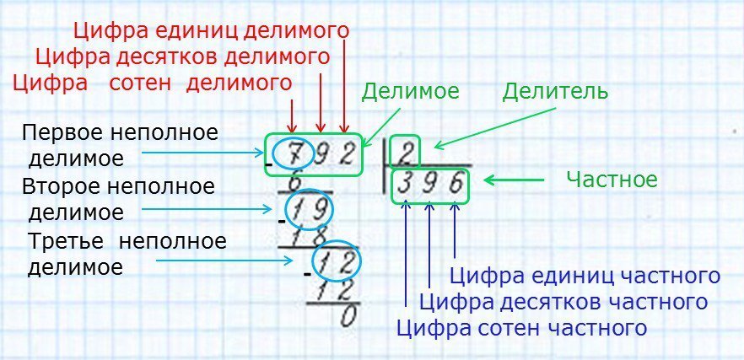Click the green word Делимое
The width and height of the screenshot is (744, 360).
[410, 92]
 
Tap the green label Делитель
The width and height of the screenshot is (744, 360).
[555, 92]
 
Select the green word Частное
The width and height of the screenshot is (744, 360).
[612, 180]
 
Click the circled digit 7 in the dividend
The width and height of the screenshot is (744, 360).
[294, 154]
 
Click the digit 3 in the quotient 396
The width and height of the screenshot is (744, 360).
[405, 185]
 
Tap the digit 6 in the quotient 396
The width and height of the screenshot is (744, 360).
[456, 185]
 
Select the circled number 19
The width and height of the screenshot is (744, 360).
[310, 207]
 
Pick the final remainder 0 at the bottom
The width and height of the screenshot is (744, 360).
[348, 316]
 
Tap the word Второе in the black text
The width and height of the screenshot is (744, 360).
[62, 186]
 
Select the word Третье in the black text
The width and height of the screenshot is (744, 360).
[66, 241]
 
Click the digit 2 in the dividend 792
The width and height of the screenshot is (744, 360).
[348, 154]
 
